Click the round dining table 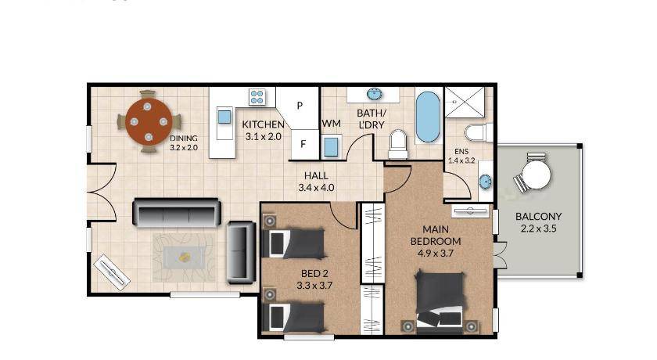tap(149, 121)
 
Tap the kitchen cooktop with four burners tap(257, 97)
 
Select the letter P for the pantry tap(300, 106)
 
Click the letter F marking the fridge tap(303, 144)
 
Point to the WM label tap(331, 124)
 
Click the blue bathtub tap(428, 117)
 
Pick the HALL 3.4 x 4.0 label tap(316, 182)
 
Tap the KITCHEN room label tap(263, 124)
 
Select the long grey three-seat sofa tap(177, 213)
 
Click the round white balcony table tap(536, 175)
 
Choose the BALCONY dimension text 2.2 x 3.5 tap(538, 229)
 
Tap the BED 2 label tap(314, 274)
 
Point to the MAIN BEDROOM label tap(436, 236)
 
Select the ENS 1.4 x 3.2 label tap(461, 156)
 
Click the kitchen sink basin tap(224, 117)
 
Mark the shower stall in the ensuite tap(465, 103)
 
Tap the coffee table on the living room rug tap(185, 257)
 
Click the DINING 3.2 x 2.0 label tap(184, 143)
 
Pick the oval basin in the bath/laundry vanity tap(374, 94)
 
